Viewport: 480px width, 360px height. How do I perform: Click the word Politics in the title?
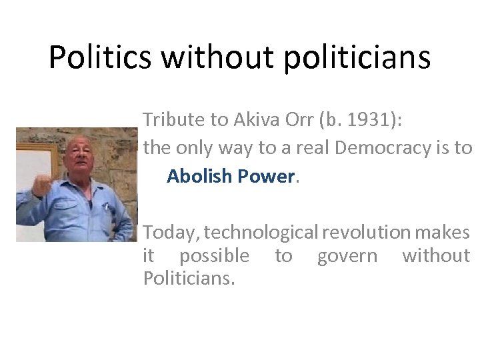tap(99, 58)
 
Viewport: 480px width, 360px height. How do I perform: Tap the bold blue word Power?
tap(267, 177)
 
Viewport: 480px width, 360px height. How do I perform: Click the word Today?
tap(171, 233)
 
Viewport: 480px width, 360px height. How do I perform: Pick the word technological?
tap(261, 233)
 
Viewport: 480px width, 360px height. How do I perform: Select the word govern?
tap(347, 255)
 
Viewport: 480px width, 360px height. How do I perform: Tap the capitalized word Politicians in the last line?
tap(189, 278)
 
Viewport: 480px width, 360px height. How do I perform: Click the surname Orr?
tap(301, 119)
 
